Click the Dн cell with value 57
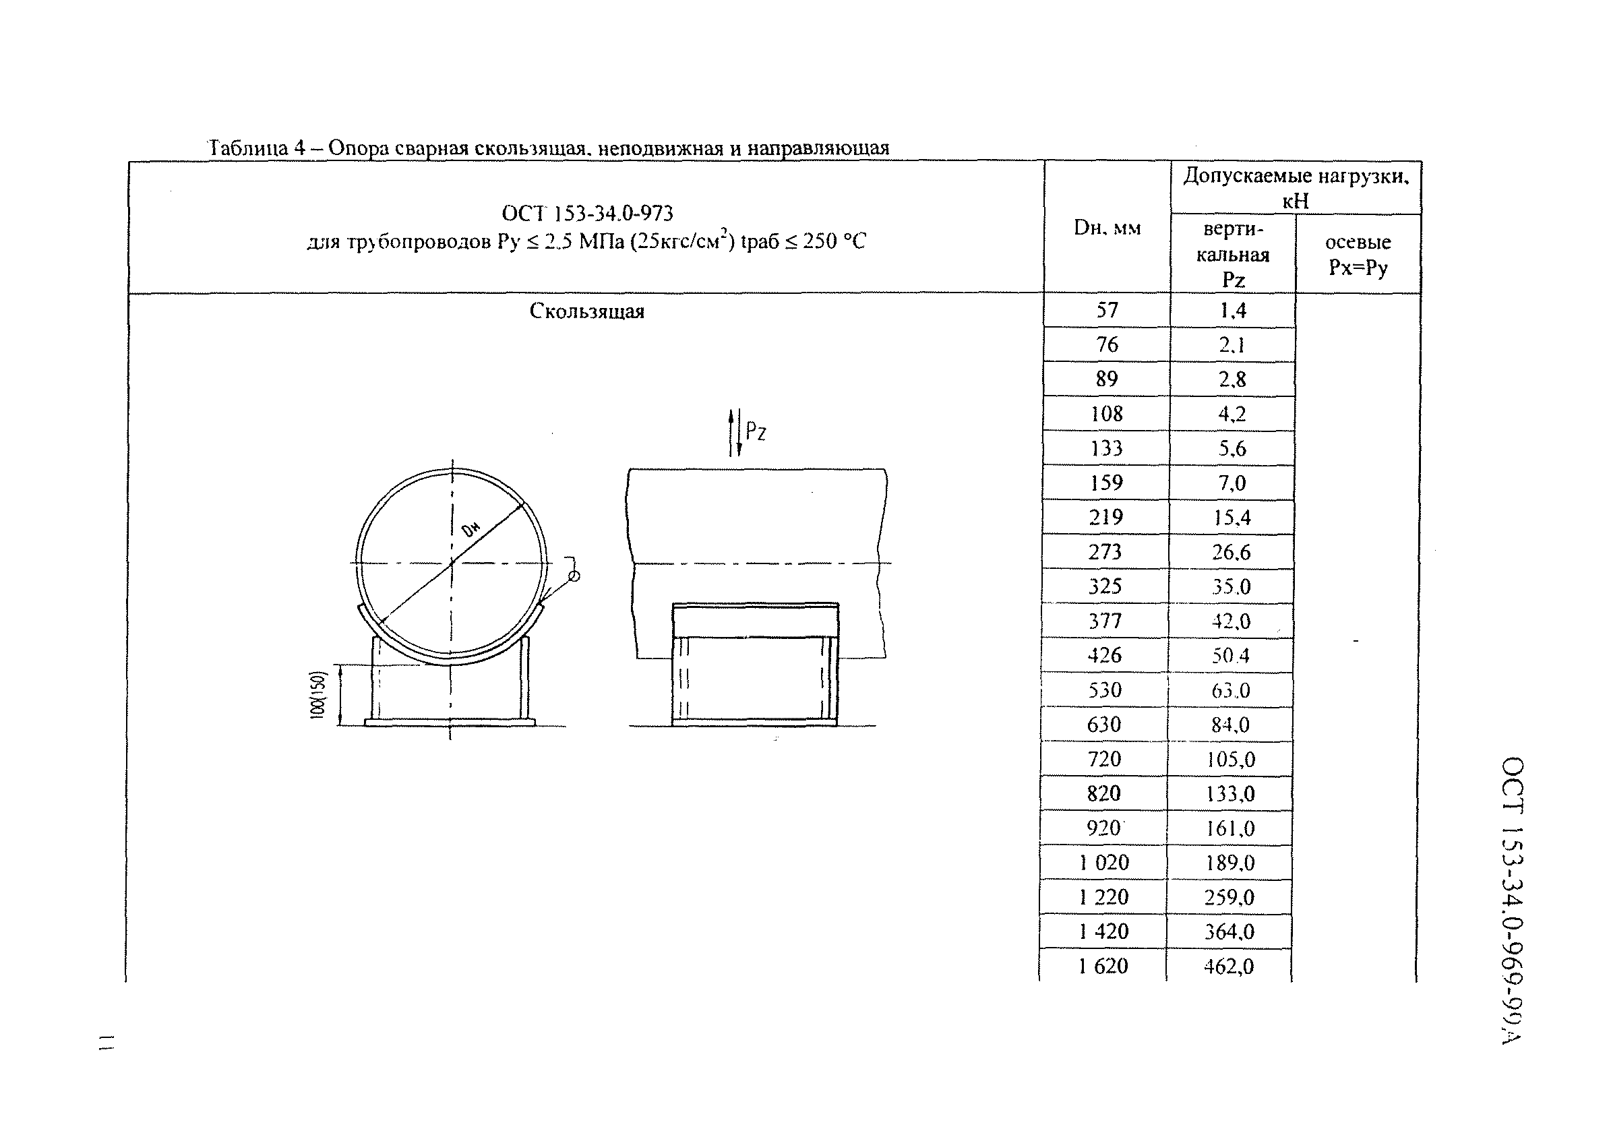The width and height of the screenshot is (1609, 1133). (1107, 309)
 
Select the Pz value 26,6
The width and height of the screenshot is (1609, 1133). (1232, 552)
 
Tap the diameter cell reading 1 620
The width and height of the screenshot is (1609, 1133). (1103, 967)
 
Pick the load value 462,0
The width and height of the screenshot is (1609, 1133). (1229, 967)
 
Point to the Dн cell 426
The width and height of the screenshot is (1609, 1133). (1105, 655)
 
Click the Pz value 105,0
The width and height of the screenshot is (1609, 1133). (1231, 759)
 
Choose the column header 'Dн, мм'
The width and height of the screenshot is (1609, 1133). (1107, 228)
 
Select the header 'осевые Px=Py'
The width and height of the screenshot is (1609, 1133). (1358, 254)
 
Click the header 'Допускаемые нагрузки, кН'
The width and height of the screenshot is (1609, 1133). (1296, 188)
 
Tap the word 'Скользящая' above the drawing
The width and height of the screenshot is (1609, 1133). (586, 311)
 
